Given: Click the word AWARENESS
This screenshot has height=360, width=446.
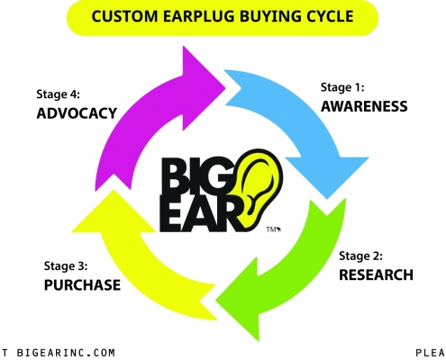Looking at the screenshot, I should point(364,106).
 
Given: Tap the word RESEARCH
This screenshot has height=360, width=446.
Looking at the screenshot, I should point(376,274).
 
